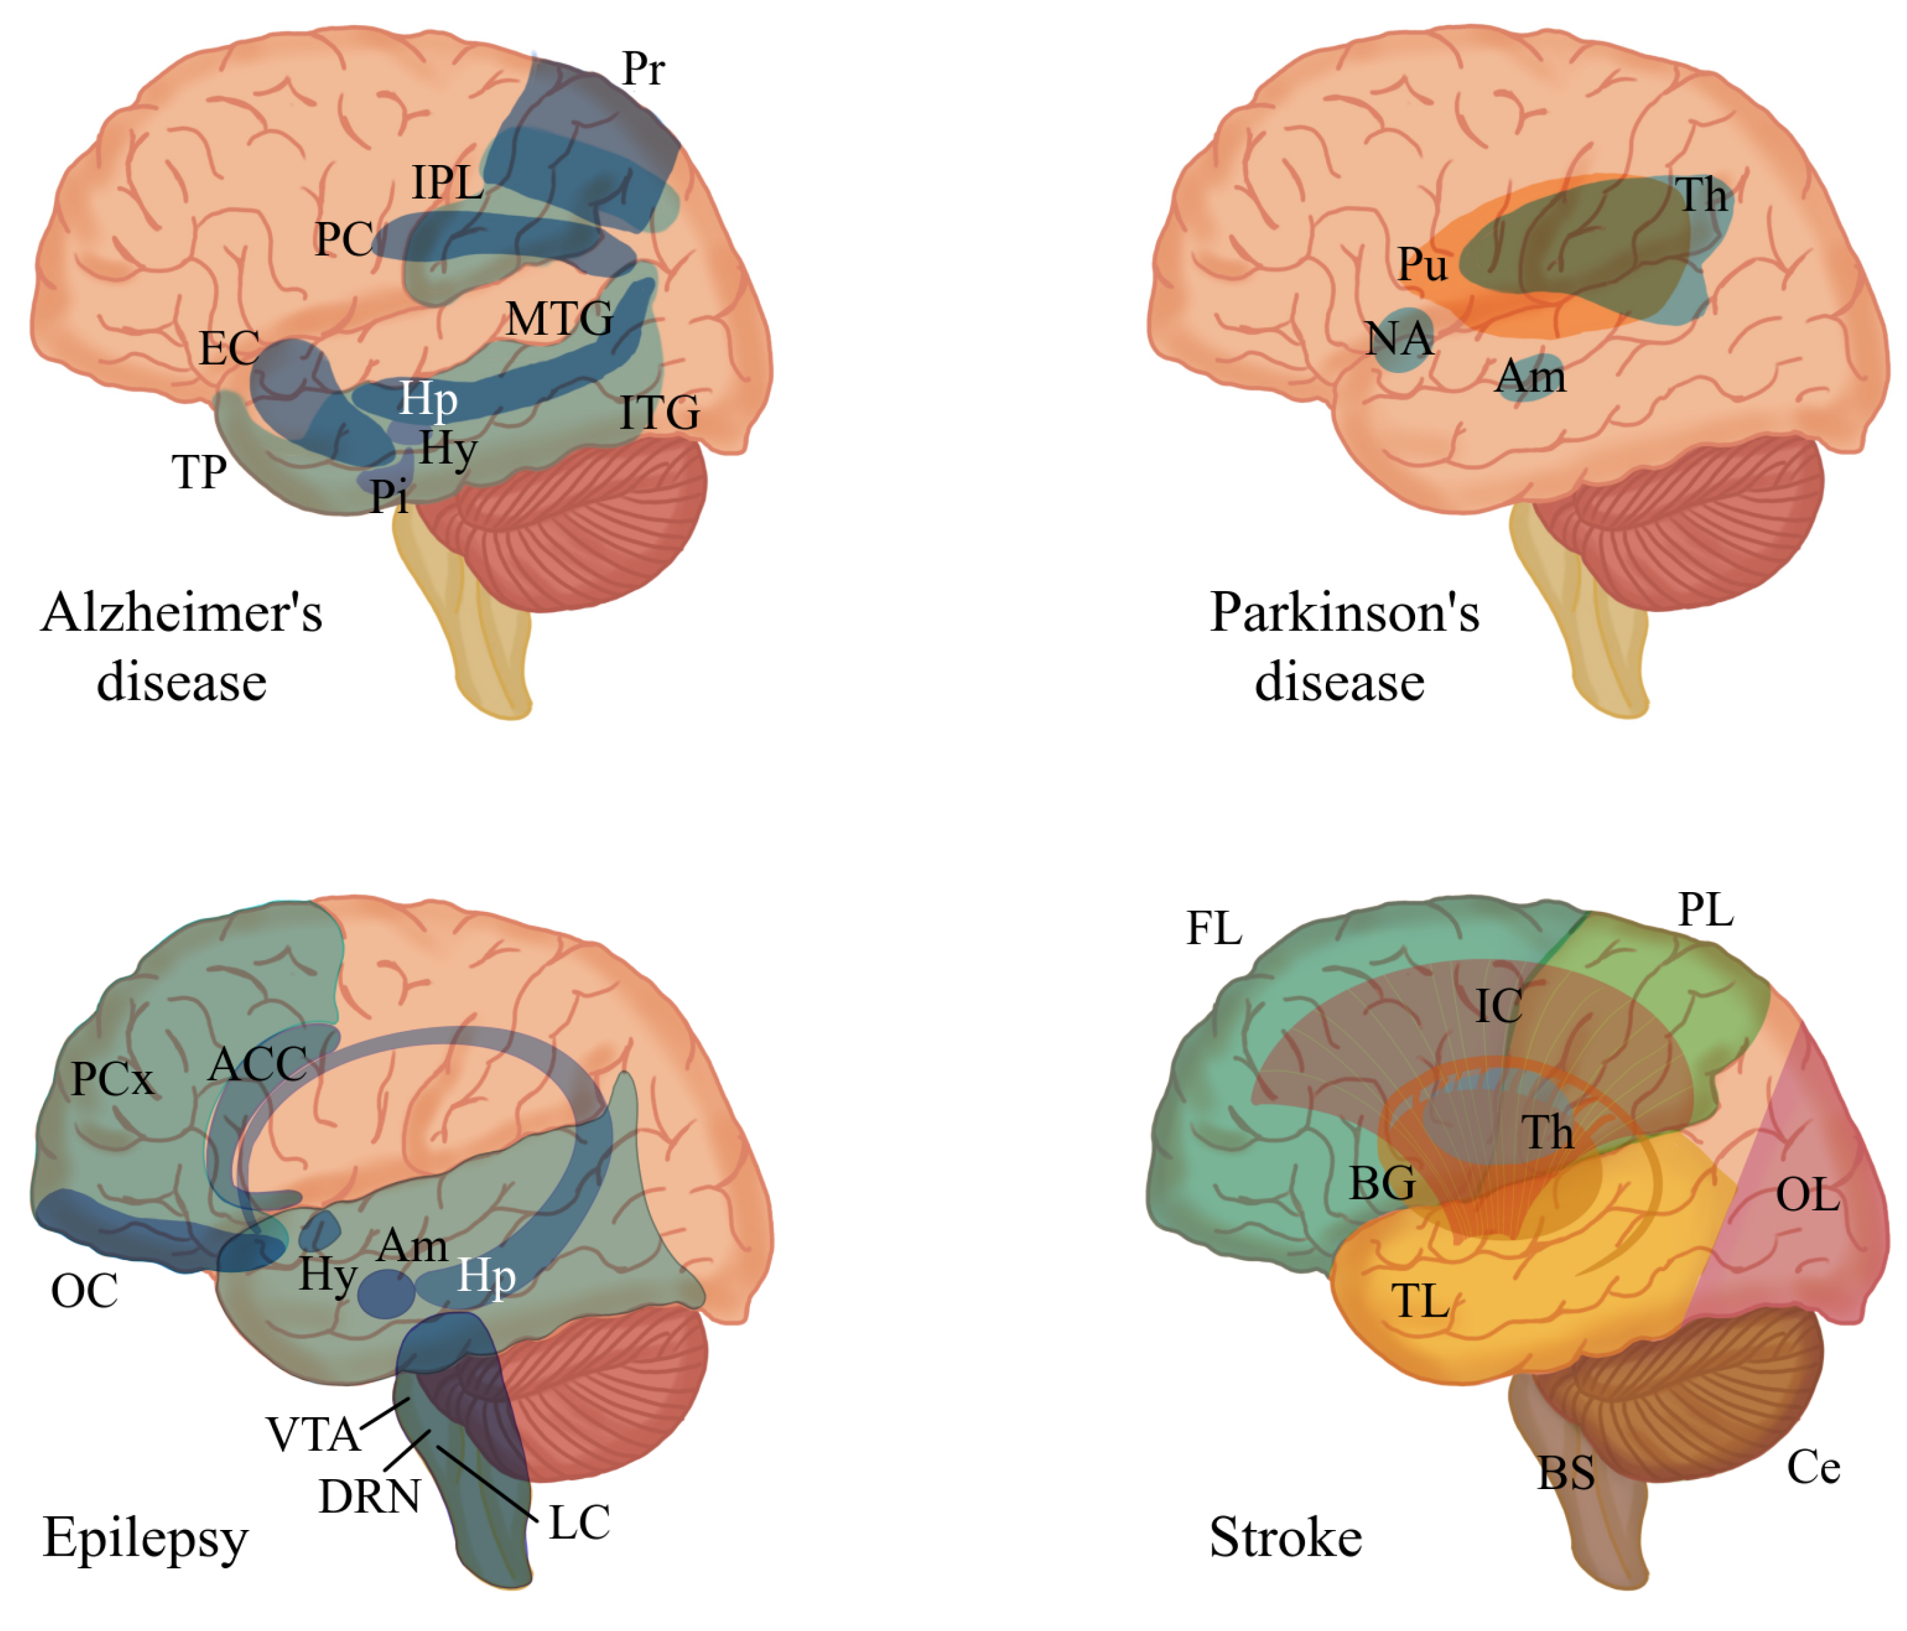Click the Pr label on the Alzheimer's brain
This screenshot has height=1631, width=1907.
click(642, 69)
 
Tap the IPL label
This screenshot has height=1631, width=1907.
click(447, 183)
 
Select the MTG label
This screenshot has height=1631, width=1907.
click(559, 320)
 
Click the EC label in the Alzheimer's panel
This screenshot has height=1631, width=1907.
click(229, 349)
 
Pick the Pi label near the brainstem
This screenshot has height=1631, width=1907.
click(388, 498)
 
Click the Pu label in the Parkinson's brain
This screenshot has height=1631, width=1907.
click(1422, 265)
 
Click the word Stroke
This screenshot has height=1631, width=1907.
click(1285, 1538)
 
